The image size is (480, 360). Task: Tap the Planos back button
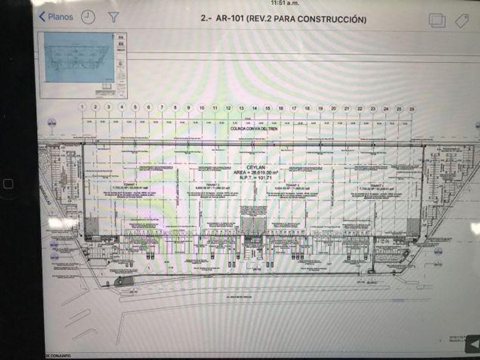point(56,17)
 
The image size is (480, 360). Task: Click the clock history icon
point(87,17)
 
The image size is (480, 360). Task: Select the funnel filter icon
point(114,17)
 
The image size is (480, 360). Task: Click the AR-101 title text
point(283,19)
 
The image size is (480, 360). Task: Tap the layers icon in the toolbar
point(437,20)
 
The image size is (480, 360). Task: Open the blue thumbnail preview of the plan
point(78,57)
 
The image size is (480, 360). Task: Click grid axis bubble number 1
point(82,107)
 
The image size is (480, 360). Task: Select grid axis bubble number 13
point(241,107)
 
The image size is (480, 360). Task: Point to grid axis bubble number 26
point(411,108)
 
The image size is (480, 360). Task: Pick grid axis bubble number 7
point(162,107)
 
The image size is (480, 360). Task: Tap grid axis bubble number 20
point(333,107)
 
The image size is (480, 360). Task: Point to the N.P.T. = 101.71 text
point(254,177)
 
